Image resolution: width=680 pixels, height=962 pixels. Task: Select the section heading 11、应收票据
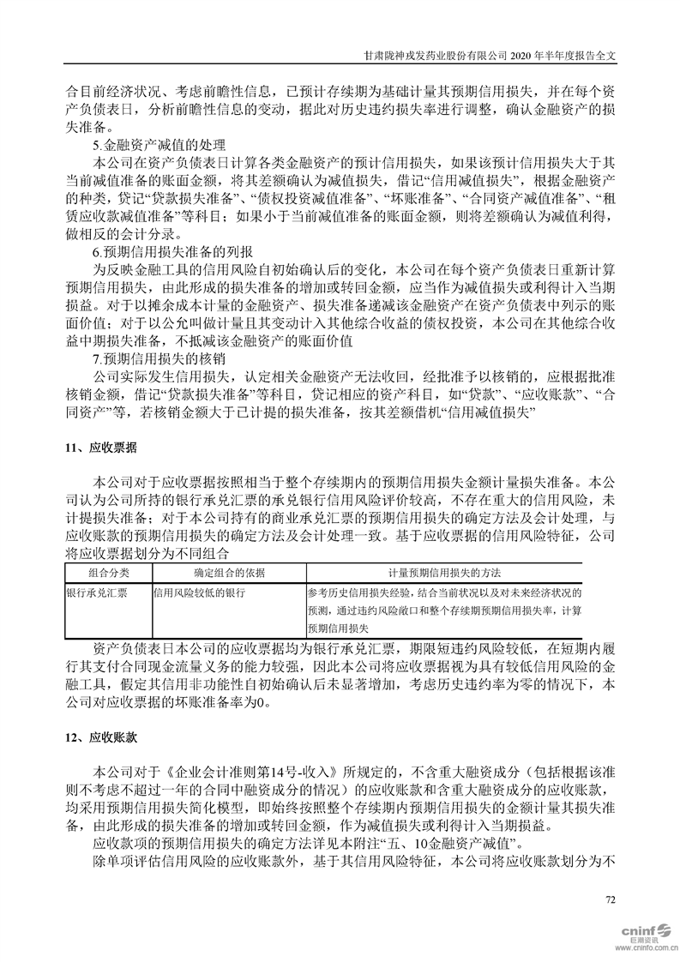(99, 448)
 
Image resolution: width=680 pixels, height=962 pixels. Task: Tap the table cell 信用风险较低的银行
(199, 592)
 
